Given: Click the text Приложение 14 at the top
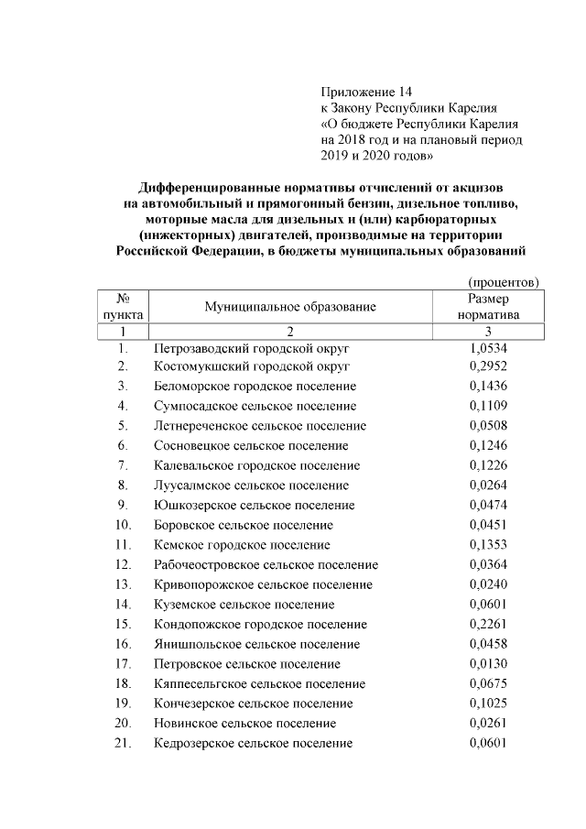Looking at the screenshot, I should pos(367,92).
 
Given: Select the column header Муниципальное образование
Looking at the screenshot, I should pos(290,307).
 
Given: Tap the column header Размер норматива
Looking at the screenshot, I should pos(488,307).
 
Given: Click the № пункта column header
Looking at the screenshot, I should pos(122,307).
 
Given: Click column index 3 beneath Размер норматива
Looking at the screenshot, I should pos(488,331).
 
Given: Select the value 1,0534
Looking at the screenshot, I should pos(488,349).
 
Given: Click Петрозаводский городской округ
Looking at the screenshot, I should pos(252,349).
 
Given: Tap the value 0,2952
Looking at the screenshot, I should pos(488,366).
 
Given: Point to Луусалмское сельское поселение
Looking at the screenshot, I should pos(251,485).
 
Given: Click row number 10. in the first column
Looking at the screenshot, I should pos(123,525).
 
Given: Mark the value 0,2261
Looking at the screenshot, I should pos(488,625).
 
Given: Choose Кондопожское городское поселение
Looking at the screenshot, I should pos(261,625).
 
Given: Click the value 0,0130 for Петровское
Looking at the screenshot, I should pos(488,664).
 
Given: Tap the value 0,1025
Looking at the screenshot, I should pos(488,704).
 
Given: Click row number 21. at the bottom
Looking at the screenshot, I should pos(123,743).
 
